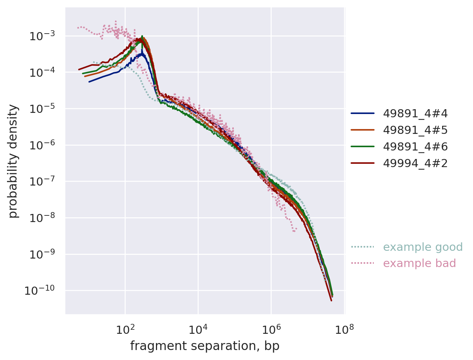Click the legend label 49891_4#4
pos(415,114)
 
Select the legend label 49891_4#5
pos(415,130)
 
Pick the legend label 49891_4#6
pos(415,147)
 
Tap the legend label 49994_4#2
pos(415,163)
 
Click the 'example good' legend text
pos(422,247)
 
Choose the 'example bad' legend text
pos(419,263)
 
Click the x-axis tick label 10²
pos(125,328)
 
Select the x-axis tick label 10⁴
pos(198,328)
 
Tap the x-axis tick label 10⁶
pos(271,328)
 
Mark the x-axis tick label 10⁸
pos(344,328)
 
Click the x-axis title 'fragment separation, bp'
pos(205,346)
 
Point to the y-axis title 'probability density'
pos(14,161)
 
